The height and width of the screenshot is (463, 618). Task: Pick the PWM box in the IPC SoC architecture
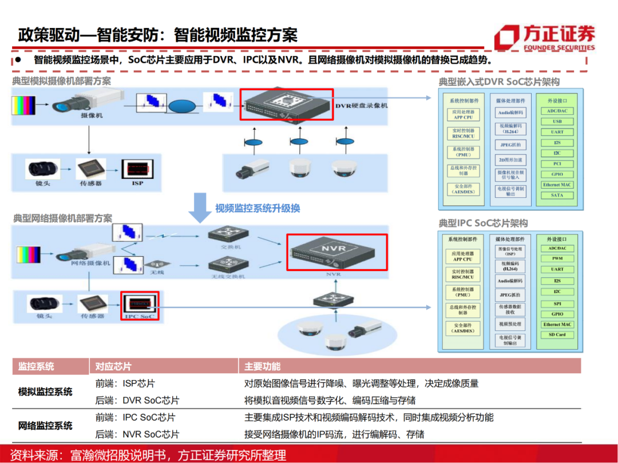coord(557,259)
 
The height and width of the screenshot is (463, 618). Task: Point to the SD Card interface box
coord(557,335)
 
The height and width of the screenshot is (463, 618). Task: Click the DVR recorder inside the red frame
coord(286,105)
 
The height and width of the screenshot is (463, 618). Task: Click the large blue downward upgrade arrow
coord(200,207)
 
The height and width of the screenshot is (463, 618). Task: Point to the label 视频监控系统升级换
coord(257,208)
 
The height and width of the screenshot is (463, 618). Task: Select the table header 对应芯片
coord(113,366)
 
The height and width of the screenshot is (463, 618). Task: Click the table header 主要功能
coord(263,366)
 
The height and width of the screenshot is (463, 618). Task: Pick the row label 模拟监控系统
coord(46,392)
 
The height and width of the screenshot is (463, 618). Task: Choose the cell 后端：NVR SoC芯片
coord(137,434)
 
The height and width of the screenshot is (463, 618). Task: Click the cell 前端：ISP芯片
coord(125,384)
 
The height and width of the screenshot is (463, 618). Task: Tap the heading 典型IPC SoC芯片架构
coord(483,223)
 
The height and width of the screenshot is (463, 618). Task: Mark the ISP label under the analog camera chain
coord(137,183)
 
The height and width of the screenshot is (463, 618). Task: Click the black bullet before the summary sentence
coord(19,59)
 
